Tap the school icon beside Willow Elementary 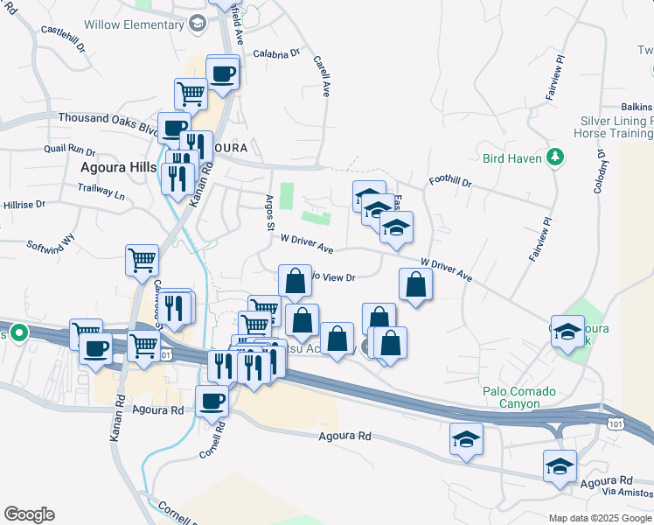[x=198, y=24]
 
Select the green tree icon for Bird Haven [x=553, y=157]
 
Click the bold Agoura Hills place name [x=118, y=166]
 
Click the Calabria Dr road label [x=276, y=54]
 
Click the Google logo [x=28, y=514]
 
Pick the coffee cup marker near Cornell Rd [x=211, y=400]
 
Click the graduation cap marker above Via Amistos [x=560, y=465]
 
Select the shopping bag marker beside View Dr [x=296, y=281]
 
